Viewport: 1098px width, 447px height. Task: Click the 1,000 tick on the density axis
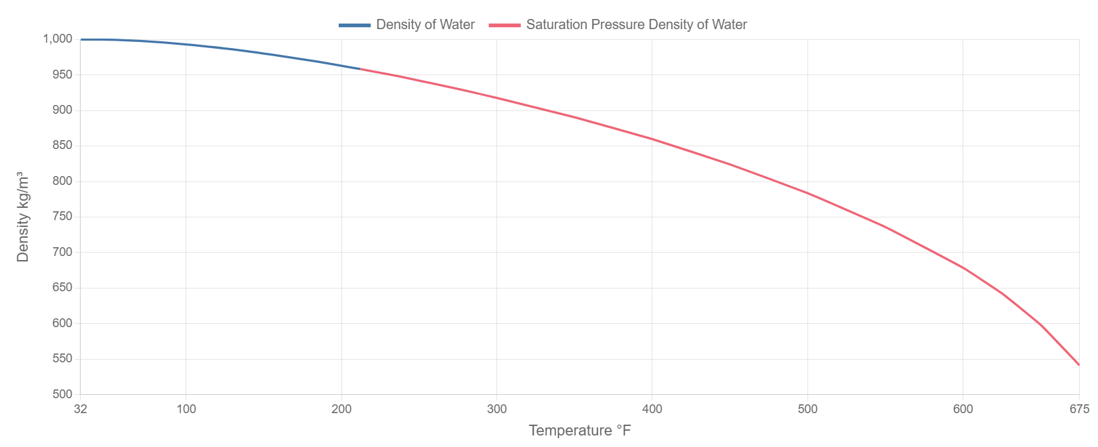tap(57, 39)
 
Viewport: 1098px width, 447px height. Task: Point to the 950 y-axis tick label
tap(62, 74)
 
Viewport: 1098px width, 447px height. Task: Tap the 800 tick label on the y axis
tap(62, 181)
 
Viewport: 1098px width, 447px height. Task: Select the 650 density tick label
tap(62, 287)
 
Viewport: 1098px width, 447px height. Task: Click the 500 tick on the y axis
tap(62, 394)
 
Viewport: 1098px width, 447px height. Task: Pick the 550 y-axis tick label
tap(62, 358)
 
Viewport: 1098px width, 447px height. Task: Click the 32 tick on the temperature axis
tap(81, 409)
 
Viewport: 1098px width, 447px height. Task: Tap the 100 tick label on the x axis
tap(186, 409)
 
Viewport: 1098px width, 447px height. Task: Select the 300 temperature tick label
tap(497, 409)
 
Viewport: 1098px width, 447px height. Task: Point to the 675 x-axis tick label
tap(1079, 409)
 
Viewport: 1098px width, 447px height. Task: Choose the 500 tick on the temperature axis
tap(807, 409)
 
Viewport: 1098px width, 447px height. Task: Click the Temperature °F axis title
tap(580, 431)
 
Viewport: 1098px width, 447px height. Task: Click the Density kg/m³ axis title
tap(23, 217)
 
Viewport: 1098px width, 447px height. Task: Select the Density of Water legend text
tap(425, 25)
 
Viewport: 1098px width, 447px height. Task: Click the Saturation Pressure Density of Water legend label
tap(636, 25)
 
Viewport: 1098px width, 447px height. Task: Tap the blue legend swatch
tap(355, 25)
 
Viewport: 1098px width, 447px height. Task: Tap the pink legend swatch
tap(505, 25)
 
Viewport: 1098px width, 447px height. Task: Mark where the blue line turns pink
tap(360, 68)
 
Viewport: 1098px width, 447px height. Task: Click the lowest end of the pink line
tap(1078, 365)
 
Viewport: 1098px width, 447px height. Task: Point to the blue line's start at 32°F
tap(81, 39)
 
